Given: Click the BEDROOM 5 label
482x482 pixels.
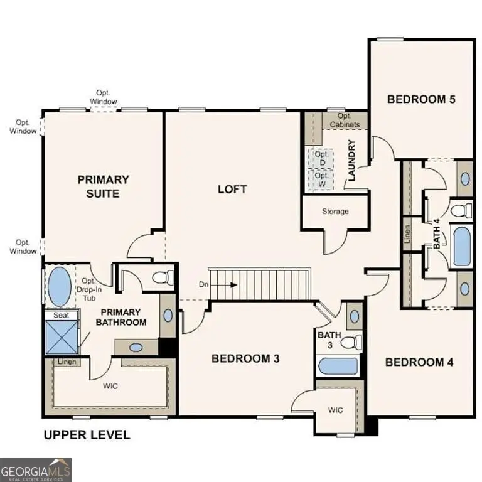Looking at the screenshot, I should [x=420, y=99].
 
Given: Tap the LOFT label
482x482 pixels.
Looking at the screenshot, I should [x=232, y=189].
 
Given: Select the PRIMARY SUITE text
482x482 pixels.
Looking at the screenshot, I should [x=104, y=186].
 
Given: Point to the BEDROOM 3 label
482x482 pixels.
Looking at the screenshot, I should [x=245, y=358].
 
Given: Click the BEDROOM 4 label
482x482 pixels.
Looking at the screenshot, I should [x=419, y=362].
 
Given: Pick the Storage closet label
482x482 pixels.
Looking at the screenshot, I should [x=335, y=212].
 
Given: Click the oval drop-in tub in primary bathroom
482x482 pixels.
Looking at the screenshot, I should [x=60, y=286].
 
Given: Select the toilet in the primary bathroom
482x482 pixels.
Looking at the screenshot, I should [x=164, y=277].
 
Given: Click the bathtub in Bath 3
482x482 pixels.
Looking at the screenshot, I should [x=338, y=366].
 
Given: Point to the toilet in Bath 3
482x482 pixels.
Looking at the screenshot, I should [x=353, y=342].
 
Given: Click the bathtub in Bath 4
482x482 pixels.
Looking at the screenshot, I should [x=461, y=247].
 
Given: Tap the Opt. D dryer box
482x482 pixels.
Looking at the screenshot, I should [x=321, y=158].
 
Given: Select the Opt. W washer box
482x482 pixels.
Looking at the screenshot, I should [x=321, y=179].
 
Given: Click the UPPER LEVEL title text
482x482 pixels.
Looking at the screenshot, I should [x=86, y=434].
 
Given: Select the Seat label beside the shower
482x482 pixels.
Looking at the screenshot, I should [x=61, y=315].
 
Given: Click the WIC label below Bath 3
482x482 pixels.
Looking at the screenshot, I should [x=336, y=410].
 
